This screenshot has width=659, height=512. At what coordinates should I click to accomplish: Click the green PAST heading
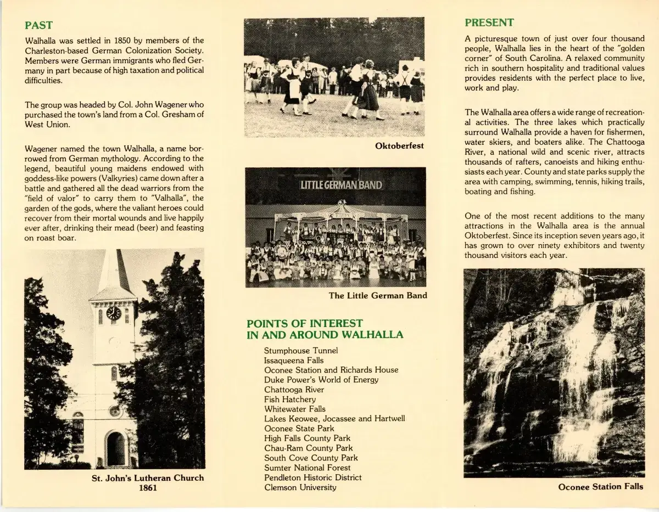[39, 25]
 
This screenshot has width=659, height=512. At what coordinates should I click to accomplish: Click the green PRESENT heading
[489, 22]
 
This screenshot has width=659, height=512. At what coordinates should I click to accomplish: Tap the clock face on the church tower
[114, 313]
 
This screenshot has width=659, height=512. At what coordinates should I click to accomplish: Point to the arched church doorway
[115, 448]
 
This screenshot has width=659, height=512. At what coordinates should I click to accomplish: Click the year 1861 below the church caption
[147, 488]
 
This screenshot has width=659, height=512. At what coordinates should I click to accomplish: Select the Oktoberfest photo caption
[399, 146]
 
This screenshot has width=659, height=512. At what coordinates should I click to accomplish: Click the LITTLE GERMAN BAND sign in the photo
[341, 184]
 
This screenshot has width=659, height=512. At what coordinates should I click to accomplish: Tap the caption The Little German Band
[378, 296]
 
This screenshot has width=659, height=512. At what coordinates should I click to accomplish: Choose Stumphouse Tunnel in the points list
[301, 351]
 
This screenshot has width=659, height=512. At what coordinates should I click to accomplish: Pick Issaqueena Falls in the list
[294, 361]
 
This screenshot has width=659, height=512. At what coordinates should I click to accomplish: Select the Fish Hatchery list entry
[290, 400]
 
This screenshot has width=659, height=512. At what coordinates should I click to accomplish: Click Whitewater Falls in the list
[295, 409]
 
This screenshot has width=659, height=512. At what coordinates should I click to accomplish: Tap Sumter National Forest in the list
[307, 468]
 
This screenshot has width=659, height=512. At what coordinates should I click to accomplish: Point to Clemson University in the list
[300, 487]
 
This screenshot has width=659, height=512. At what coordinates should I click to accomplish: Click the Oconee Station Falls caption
[600, 487]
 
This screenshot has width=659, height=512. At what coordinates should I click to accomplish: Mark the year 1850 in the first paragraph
[124, 41]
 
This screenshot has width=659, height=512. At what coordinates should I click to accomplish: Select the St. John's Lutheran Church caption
[147, 478]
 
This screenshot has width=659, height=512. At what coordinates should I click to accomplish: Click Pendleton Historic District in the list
[313, 477]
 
